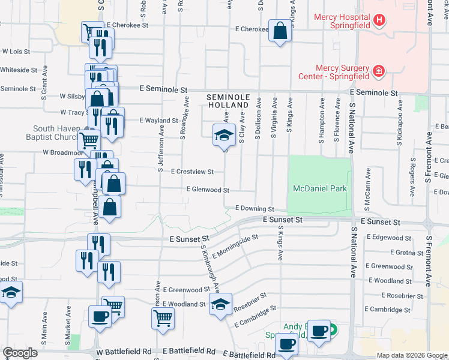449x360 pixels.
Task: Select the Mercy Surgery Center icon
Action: [x=379, y=72]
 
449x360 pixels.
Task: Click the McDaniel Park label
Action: [x=320, y=188]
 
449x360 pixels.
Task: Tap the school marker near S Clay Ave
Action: [x=224, y=135]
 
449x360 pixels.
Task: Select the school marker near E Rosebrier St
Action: [x=220, y=305]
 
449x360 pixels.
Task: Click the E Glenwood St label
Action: [x=208, y=190]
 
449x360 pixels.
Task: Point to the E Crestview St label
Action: [x=192, y=172]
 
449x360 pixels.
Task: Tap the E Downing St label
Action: [x=255, y=209]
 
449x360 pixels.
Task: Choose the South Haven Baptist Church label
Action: [x=56, y=133]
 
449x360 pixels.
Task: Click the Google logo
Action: [x=20, y=353]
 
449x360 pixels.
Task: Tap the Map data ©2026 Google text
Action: [x=411, y=355]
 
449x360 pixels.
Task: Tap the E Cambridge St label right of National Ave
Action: [x=390, y=310]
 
